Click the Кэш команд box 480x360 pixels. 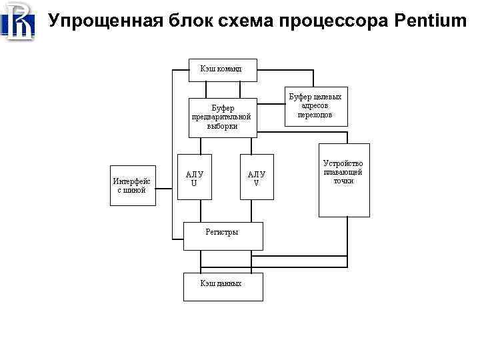coord(222,69)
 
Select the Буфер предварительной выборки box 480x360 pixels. coord(222,117)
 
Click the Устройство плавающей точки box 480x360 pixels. coord(343,180)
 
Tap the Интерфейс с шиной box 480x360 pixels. coord(132,185)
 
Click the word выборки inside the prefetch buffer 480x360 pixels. coord(222,126)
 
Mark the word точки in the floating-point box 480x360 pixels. coord(343,181)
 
